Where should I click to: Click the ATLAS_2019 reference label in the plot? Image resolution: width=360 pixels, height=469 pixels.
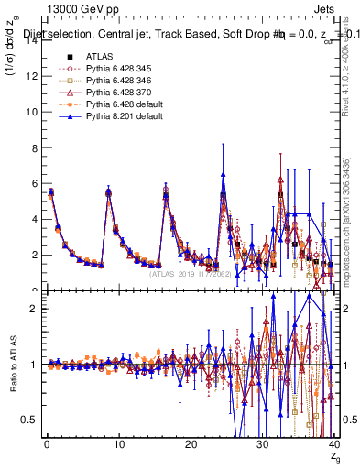tap(192, 273)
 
